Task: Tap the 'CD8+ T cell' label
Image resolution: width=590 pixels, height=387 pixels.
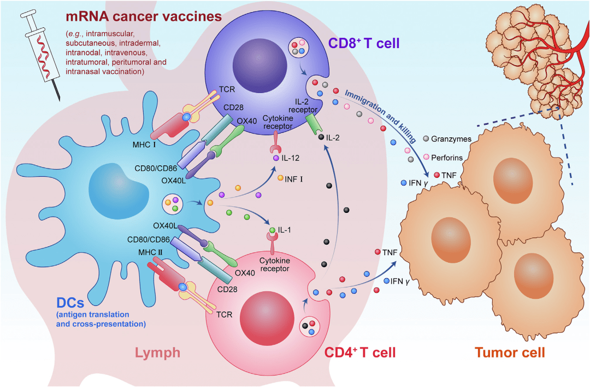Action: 364,43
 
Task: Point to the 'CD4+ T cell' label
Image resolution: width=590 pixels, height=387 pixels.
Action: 360,351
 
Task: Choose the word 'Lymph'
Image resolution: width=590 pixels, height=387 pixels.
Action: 158,353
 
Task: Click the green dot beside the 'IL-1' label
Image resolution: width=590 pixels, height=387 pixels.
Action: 272,230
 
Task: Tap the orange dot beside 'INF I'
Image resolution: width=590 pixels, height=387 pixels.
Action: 280,178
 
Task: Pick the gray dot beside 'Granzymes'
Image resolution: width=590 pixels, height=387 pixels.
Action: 426,139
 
